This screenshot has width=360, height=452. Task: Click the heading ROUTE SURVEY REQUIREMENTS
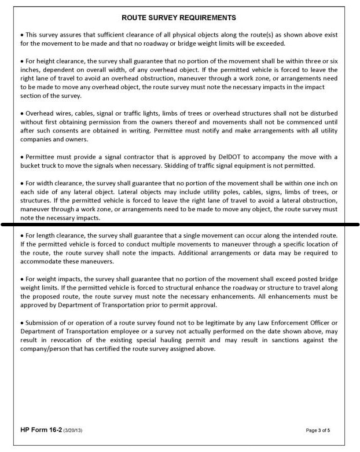pos(180,18)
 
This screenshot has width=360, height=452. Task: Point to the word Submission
pos(40,322)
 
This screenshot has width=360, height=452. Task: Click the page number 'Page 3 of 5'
pos(322,431)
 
